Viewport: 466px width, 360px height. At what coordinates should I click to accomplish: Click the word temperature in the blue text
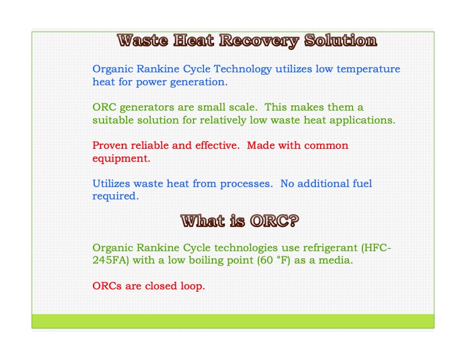[x=368, y=69]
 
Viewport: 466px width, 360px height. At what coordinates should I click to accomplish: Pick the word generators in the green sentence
[x=146, y=108]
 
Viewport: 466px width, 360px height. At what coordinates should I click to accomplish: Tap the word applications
[x=364, y=120]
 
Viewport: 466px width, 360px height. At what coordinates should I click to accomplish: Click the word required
[x=115, y=196]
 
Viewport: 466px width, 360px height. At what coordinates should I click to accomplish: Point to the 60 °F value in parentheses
[x=273, y=260]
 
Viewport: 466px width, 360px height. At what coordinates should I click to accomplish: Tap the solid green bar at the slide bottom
[x=232, y=321]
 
